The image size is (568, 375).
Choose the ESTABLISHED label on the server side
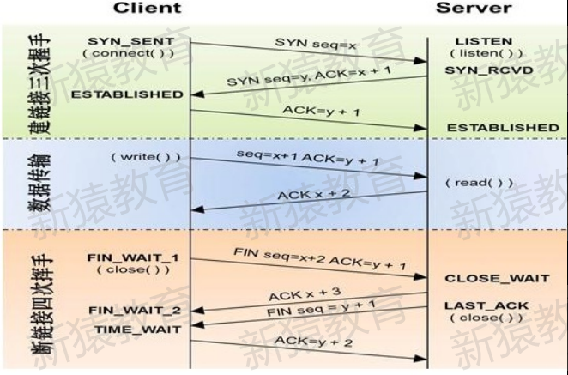click(504, 128)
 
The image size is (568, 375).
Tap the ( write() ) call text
click(133, 159)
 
